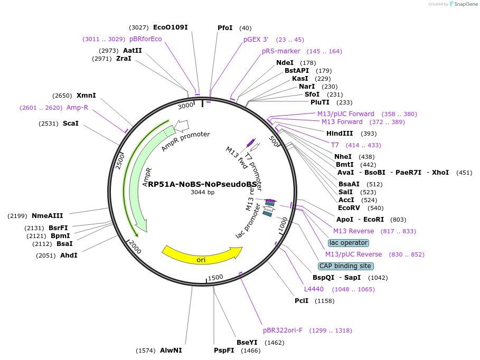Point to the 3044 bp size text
(203, 193)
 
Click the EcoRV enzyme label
(349, 208)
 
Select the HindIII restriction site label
(340, 134)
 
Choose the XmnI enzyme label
(86, 96)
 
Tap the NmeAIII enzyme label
(47, 215)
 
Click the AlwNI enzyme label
(171, 350)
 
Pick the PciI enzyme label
(302, 301)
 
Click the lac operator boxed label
(348, 243)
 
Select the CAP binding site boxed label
(345, 266)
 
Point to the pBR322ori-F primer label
(283, 330)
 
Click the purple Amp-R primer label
(77, 108)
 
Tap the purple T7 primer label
(335, 145)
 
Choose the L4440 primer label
(314, 289)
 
